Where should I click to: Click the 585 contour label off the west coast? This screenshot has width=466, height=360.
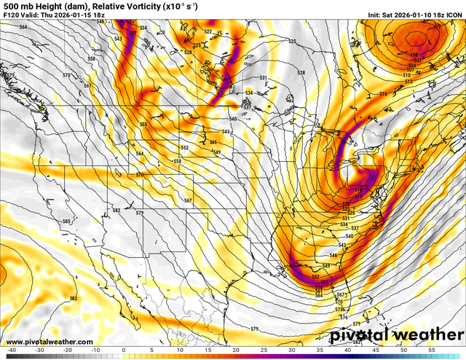click(66, 221)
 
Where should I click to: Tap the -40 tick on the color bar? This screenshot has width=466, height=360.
click(11, 351)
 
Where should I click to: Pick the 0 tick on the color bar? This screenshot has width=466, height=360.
click(123, 351)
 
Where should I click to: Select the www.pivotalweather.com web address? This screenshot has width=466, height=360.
click(50, 342)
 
